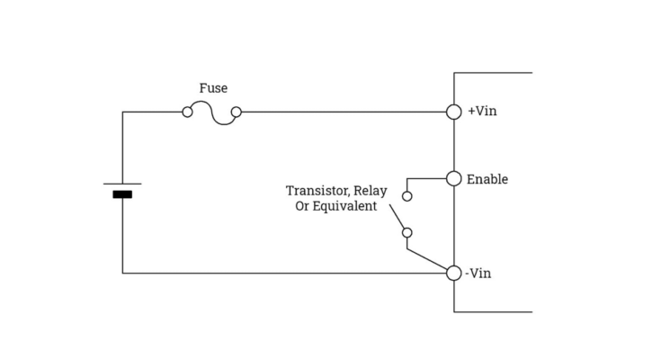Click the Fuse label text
(x=213, y=88)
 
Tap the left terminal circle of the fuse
(x=187, y=112)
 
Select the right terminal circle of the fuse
(x=237, y=112)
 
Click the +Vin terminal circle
(x=454, y=112)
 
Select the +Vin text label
(x=482, y=112)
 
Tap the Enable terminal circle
(x=454, y=178)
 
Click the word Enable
(x=487, y=179)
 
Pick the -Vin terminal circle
(x=454, y=273)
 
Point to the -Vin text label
(x=480, y=273)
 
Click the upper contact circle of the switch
(x=407, y=195)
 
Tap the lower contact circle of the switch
(x=407, y=233)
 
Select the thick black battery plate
(x=122, y=194)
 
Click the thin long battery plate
(x=122, y=184)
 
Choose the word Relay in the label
(x=370, y=191)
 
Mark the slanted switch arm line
(x=397, y=217)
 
